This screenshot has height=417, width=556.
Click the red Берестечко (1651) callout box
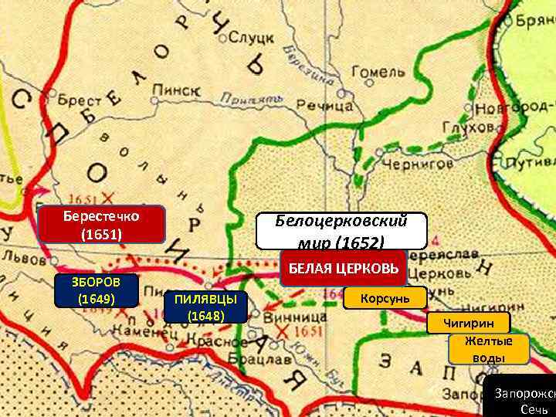pos(101,223)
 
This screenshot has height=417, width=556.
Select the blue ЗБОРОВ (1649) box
pos(96,290)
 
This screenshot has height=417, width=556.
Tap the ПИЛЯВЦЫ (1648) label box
pos(205,307)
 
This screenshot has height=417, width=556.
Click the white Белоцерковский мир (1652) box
pos(341,231)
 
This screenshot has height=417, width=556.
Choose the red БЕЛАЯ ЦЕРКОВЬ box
pos(343,268)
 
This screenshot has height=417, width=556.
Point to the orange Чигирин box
pos(470,323)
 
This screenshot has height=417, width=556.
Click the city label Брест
pos(79,100)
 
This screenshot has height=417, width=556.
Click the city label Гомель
pos(378,72)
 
